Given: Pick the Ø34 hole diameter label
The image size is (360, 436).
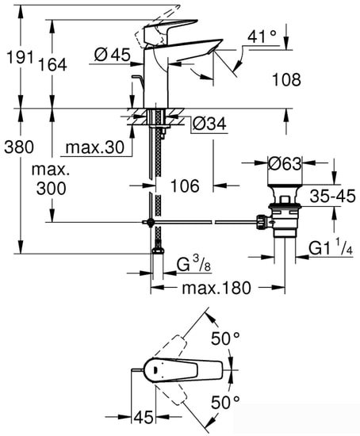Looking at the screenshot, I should click(x=209, y=124).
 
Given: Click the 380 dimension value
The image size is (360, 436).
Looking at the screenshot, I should click(x=18, y=147).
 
